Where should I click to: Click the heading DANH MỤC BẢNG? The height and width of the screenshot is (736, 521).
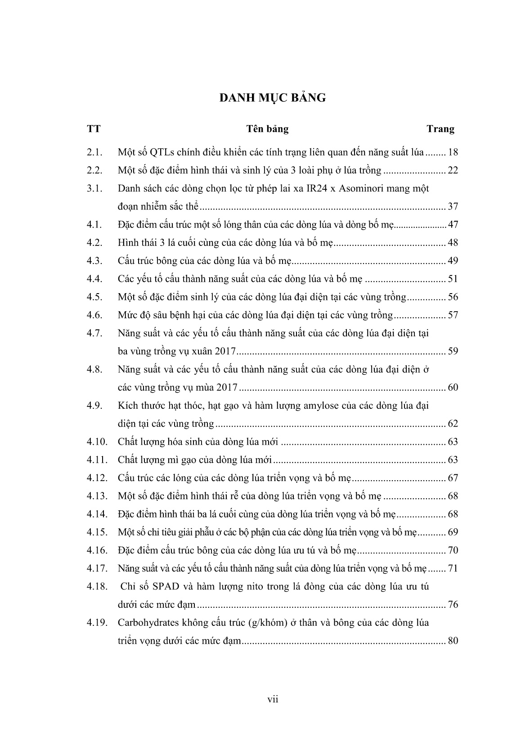[272, 98]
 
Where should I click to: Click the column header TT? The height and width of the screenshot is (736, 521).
[94, 129]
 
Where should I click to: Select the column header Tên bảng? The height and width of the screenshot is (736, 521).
[267, 129]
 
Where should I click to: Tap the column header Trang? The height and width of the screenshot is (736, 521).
[440, 129]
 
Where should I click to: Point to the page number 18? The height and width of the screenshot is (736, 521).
[453, 152]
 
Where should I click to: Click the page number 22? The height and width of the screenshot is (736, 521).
[453, 170]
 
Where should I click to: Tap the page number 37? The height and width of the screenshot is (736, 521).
[453, 207]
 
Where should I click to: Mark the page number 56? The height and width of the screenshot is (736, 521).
[453, 297]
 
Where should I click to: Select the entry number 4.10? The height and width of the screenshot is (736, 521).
[97, 442]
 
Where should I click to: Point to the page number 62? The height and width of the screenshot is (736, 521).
[453, 424]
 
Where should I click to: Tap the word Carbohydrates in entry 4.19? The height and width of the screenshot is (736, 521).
[147, 623]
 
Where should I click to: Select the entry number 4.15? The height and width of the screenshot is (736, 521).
[97, 532]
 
